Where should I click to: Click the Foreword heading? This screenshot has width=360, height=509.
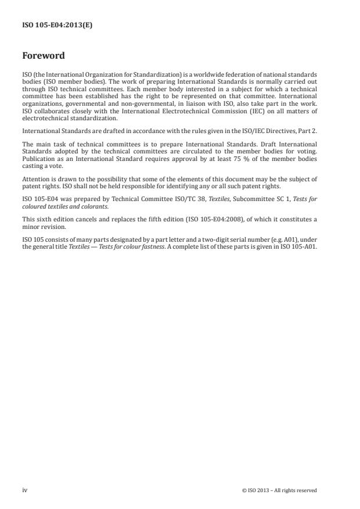click(43, 56)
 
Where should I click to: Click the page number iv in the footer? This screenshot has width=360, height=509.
click(24, 490)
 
